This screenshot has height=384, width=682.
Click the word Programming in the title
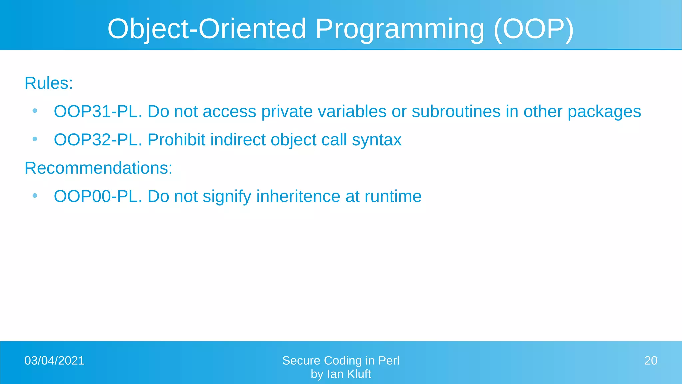pyautogui.click(x=399, y=29)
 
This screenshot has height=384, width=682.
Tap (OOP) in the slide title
pyautogui.click(x=533, y=29)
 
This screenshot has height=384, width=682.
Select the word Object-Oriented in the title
pyautogui.click(x=206, y=29)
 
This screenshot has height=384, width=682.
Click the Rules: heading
pyautogui.click(x=49, y=83)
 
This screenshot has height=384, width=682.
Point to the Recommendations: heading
pyautogui.click(x=99, y=168)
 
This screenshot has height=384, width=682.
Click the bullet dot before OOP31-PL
pyautogui.click(x=35, y=111)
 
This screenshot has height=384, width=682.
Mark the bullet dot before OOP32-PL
pyautogui.click(x=35, y=139)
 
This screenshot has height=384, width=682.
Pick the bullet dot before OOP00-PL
pyautogui.click(x=35, y=196)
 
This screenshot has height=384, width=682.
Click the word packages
pyautogui.click(x=604, y=112)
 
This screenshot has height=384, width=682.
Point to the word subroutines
pyautogui.click(x=456, y=111)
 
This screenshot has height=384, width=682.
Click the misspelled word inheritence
pyautogui.click(x=298, y=196)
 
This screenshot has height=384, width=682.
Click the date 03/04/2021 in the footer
pyautogui.click(x=54, y=361)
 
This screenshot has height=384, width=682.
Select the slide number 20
pyautogui.click(x=651, y=361)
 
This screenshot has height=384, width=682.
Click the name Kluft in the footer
pyautogui.click(x=359, y=374)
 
